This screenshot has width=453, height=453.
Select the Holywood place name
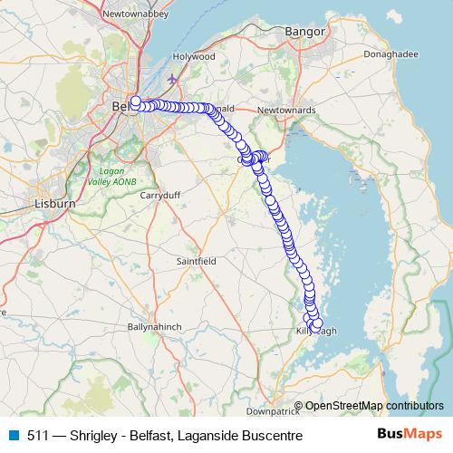(x=195, y=55)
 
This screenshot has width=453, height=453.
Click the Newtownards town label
(x=284, y=110)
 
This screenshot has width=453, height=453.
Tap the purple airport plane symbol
(x=172, y=77)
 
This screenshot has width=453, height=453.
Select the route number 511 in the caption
(x=38, y=435)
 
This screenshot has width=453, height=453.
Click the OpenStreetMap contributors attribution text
(x=373, y=405)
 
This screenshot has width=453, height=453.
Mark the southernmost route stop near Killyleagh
(x=317, y=323)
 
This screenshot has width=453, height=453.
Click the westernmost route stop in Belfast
(x=136, y=101)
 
